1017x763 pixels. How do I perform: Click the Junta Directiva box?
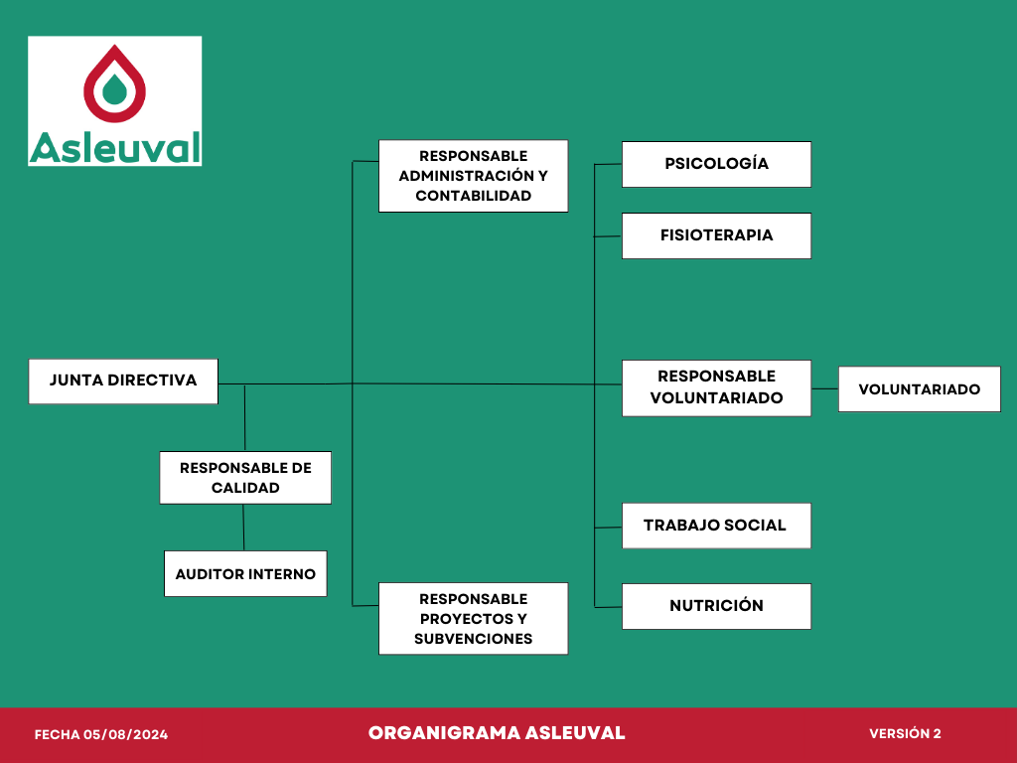[x=123, y=381]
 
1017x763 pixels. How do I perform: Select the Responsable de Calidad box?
[x=245, y=478]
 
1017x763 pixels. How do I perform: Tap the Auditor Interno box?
[x=245, y=573]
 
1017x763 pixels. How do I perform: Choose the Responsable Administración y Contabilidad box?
[x=474, y=176]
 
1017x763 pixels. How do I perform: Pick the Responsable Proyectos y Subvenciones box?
[x=474, y=618]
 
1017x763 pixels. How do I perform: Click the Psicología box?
[x=717, y=164]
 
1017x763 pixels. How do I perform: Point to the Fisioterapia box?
[x=717, y=235]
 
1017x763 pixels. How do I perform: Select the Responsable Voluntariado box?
[x=717, y=388]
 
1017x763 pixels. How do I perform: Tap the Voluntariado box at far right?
[x=920, y=389]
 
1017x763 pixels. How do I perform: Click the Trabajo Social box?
[x=717, y=526]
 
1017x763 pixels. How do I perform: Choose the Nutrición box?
[x=717, y=606]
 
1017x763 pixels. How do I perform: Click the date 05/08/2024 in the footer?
[x=125, y=734]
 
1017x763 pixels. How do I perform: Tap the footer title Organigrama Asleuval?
[x=497, y=733]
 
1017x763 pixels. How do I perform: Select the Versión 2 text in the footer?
[x=905, y=733]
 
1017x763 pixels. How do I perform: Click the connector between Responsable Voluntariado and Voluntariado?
[x=825, y=389]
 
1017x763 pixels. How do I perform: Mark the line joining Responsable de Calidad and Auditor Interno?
[x=244, y=528]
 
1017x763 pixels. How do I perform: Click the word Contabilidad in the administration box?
[x=474, y=196]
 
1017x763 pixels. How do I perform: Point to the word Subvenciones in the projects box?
[x=474, y=639]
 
